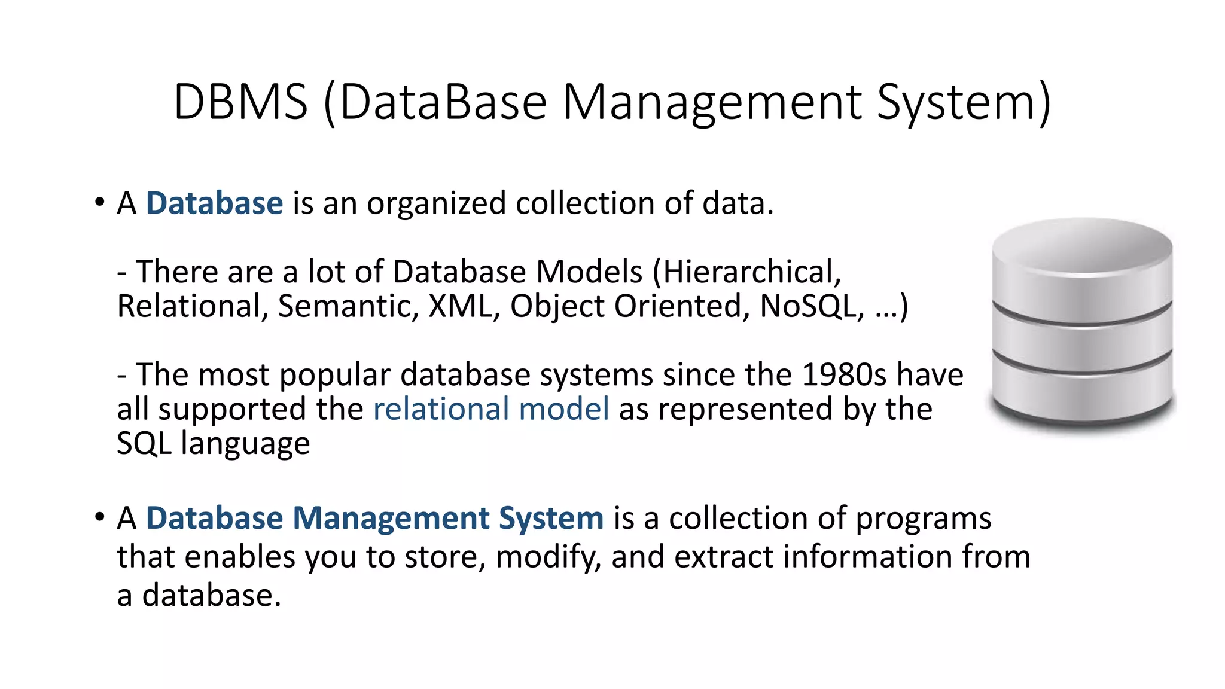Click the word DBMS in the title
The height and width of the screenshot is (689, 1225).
pyautogui.click(x=240, y=102)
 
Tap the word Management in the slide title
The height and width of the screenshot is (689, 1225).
pyautogui.click(x=712, y=102)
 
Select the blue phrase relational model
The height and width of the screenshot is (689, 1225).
pyautogui.click(x=491, y=409)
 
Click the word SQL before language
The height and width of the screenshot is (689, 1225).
pyautogui.click(x=144, y=444)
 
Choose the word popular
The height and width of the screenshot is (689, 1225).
pyautogui.click(x=334, y=375)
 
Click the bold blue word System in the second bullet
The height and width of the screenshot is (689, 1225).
pyautogui.click(x=551, y=518)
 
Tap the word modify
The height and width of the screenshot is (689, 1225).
pyautogui.click(x=547, y=557)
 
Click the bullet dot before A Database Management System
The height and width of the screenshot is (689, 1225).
pyautogui.click(x=99, y=517)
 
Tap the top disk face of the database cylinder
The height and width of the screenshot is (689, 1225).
pyautogui.click(x=1081, y=246)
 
